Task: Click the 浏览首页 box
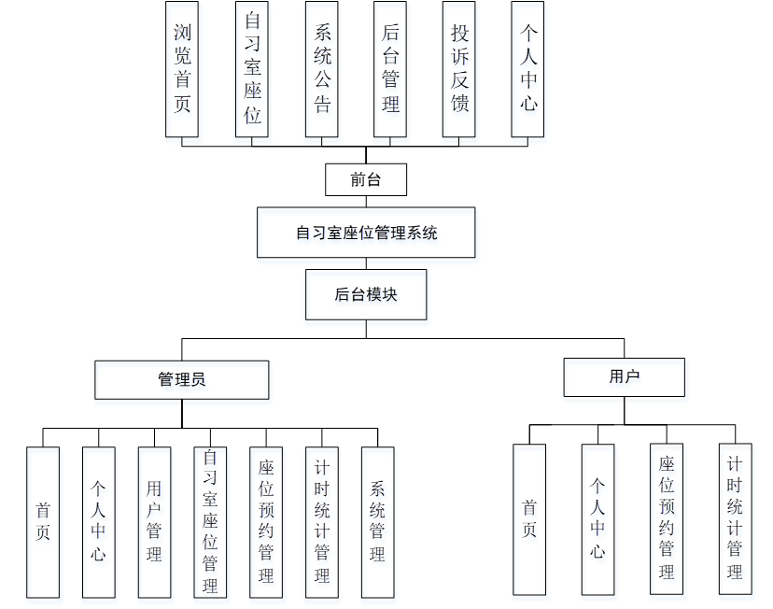coord(182,68)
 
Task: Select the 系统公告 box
coord(322,68)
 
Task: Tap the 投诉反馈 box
coord(459,68)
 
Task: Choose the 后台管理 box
coord(390,68)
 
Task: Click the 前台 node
coord(366,179)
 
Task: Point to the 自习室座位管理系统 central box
coord(366,233)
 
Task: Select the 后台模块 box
coord(366,294)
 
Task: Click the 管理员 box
coord(182,379)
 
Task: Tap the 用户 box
coord(624,376)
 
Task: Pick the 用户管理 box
coord(154,521)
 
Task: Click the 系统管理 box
coord(377,521)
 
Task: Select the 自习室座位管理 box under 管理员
coord(210,521)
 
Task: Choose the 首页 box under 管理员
coord(43,521)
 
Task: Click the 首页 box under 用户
coord(529,518)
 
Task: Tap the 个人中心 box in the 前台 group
coord(528,68)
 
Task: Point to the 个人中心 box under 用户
coord(597,518)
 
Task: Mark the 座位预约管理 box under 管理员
coord(266,521)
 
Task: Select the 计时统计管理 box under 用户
coord(735,518)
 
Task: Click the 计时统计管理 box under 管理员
coord(322,521)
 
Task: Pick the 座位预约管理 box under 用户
coord(667,518)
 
